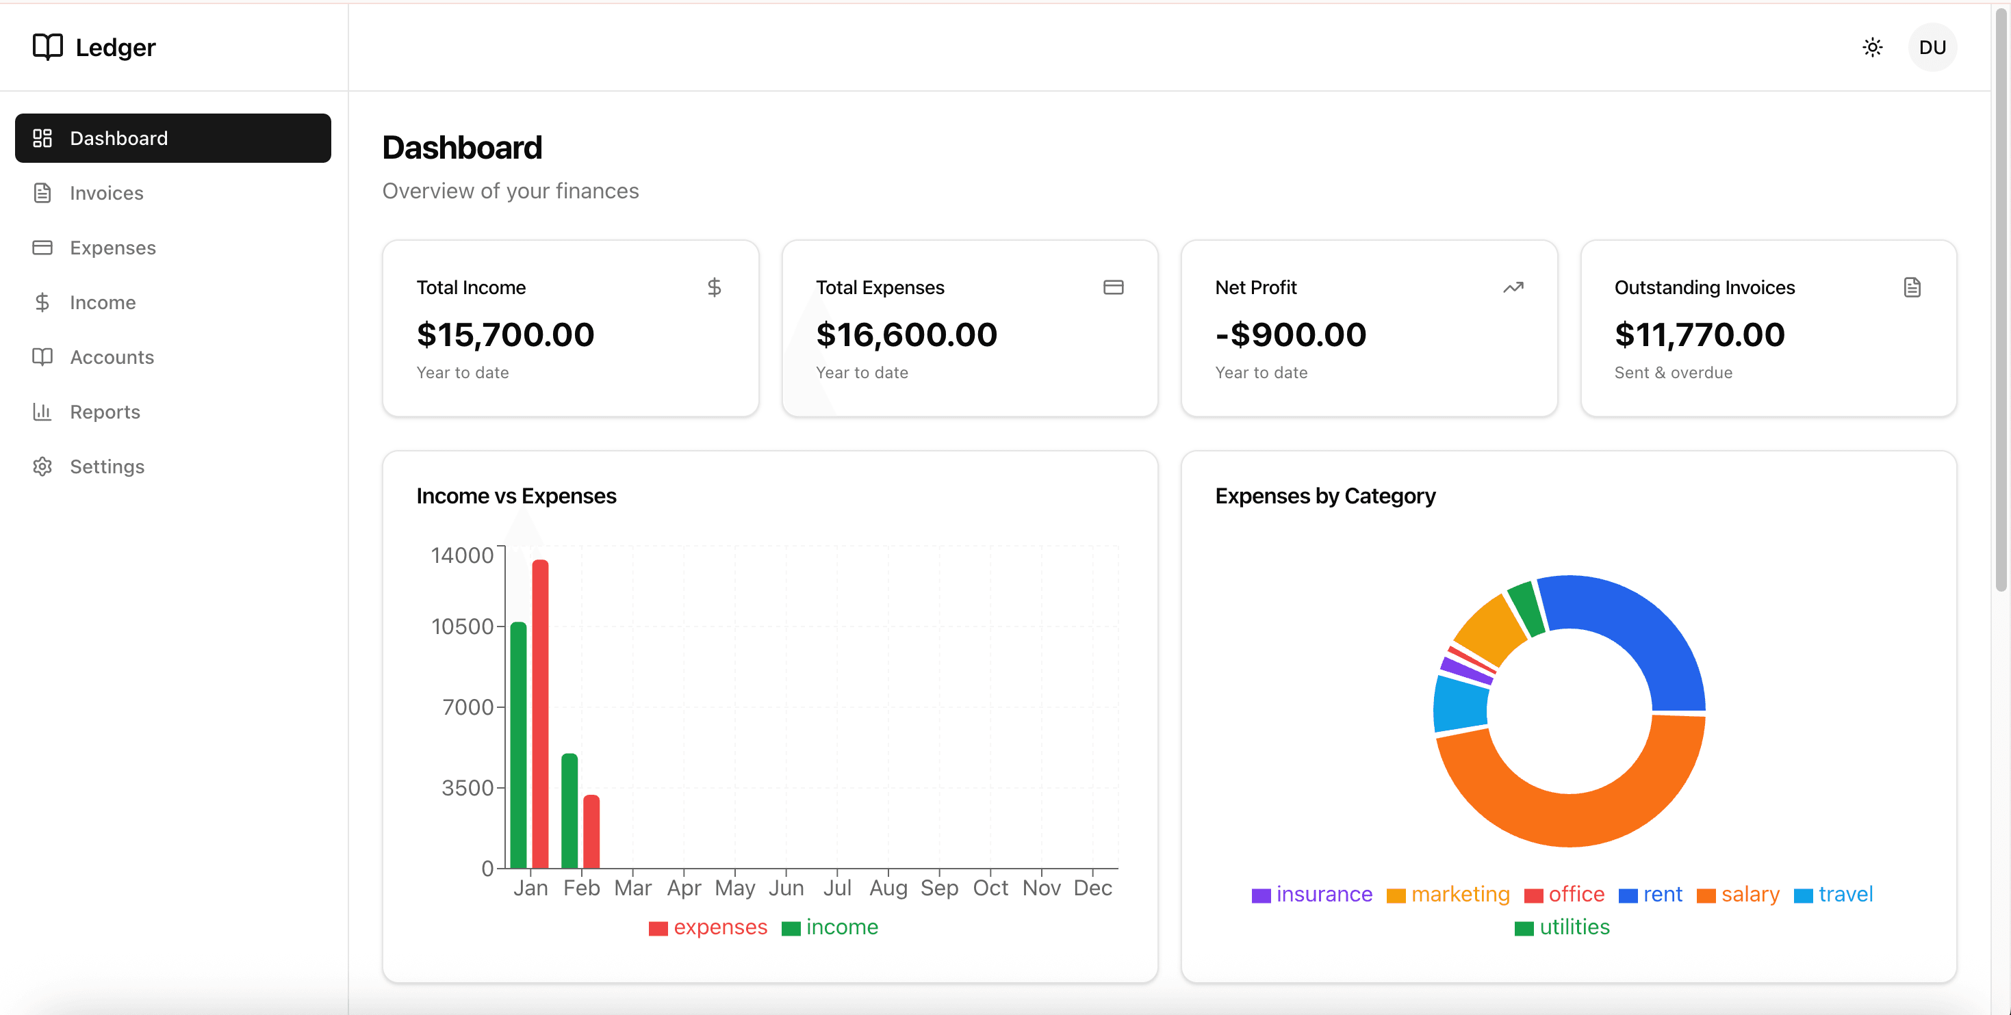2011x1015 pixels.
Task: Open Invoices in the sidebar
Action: point(106,193)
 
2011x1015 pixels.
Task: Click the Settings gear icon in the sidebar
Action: point(42,466)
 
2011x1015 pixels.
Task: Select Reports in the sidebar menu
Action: point(105,412)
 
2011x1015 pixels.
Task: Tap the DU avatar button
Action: point(1932,48)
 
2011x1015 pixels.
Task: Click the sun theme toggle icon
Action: point(1872,48)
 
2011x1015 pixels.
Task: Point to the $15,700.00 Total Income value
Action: point(505,334)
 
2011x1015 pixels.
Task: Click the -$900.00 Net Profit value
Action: point(1290,334)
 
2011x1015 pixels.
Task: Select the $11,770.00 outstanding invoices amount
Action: point(1700,334)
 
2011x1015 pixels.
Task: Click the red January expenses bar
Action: point(540,713)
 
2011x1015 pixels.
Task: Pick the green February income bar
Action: point(569,810)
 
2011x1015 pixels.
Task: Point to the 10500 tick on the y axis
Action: point(463,627)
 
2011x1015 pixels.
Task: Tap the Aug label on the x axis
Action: point(888,888)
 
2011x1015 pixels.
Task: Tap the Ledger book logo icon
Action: point(48,47)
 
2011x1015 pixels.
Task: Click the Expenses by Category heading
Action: point(1324,496)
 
